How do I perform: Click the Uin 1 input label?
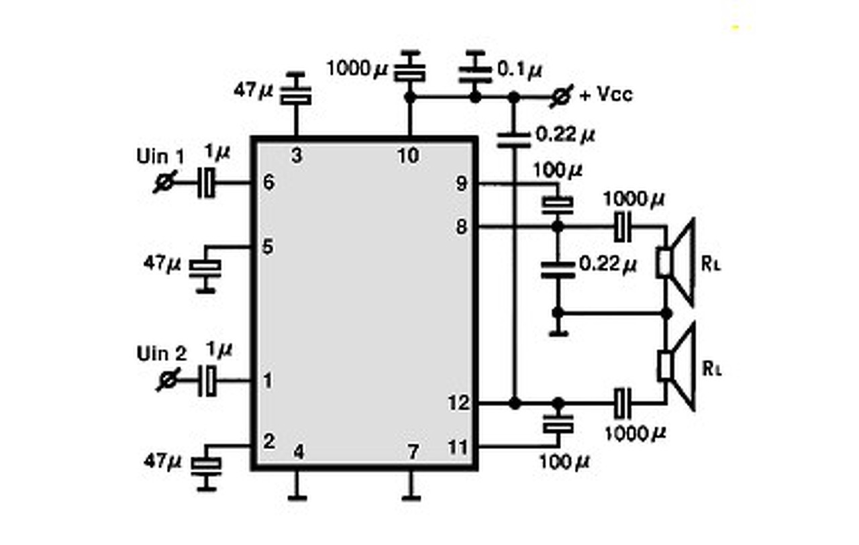click(160, 156)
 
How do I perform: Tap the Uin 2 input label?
click(162, 354)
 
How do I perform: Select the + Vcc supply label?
click(606, 95)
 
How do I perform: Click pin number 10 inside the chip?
click(408, 156)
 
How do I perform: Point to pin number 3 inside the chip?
click(297, 156)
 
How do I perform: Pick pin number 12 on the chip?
click(458, 403)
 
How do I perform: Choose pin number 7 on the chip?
click(413, 452)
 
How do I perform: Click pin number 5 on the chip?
click(268, 246)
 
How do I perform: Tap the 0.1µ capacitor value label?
click(519, 70)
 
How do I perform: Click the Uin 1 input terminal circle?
click(165, 182)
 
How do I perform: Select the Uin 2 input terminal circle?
click(168, 380)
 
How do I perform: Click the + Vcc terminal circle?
click(562, 96)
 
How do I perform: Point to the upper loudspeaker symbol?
click(676, 262)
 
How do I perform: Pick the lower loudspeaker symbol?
click(676, 367)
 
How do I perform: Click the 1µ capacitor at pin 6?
click(206, 183)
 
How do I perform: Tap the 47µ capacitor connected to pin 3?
click(296, 91)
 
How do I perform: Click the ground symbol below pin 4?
click(297, 498)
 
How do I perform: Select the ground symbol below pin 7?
click(411, 498)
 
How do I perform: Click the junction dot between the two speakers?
click(666, 313)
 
